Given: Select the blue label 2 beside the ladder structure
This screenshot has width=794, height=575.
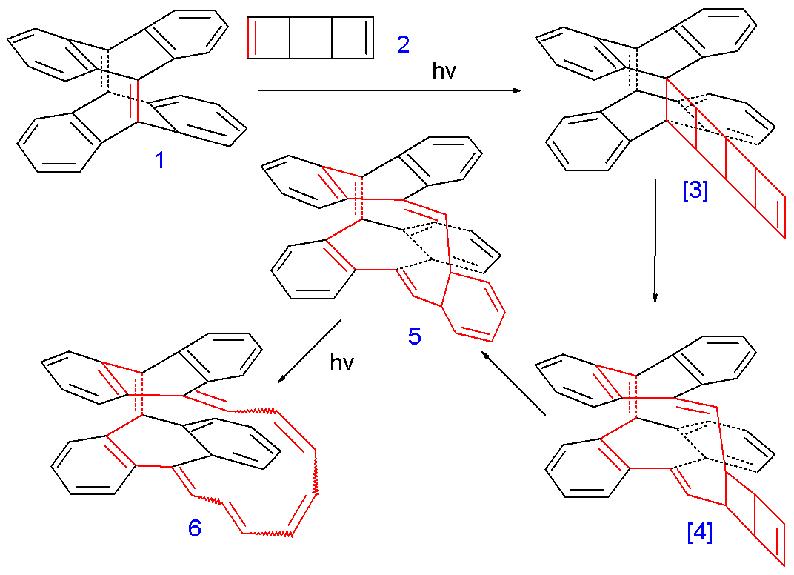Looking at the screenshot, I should pos(402,45).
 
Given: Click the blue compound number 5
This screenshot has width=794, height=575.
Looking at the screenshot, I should pos(415,336).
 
